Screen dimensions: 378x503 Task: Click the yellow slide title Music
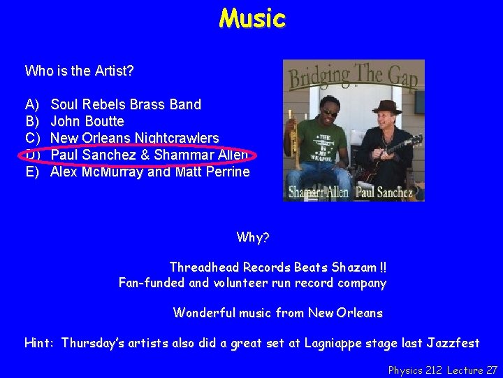[252, 18]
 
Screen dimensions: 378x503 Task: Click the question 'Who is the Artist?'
[80, 71]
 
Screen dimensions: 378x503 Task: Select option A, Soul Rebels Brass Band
[126, 104]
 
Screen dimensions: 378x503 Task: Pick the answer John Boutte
[87, 121]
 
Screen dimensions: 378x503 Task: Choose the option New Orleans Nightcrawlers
[135, 138]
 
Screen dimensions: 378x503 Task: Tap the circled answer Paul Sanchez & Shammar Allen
[149, 155]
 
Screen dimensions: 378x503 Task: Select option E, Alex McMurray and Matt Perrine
[150, 171]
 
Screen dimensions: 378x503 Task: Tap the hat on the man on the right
[386, 107]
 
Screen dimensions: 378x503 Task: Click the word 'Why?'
[253, 237]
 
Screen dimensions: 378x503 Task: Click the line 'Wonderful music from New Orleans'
[277, 313]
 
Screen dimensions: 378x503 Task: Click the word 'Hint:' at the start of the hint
[40, 343]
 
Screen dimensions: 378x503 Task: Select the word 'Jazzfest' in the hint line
[453, 343]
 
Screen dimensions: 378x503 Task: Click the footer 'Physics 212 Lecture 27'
[443, 370]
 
